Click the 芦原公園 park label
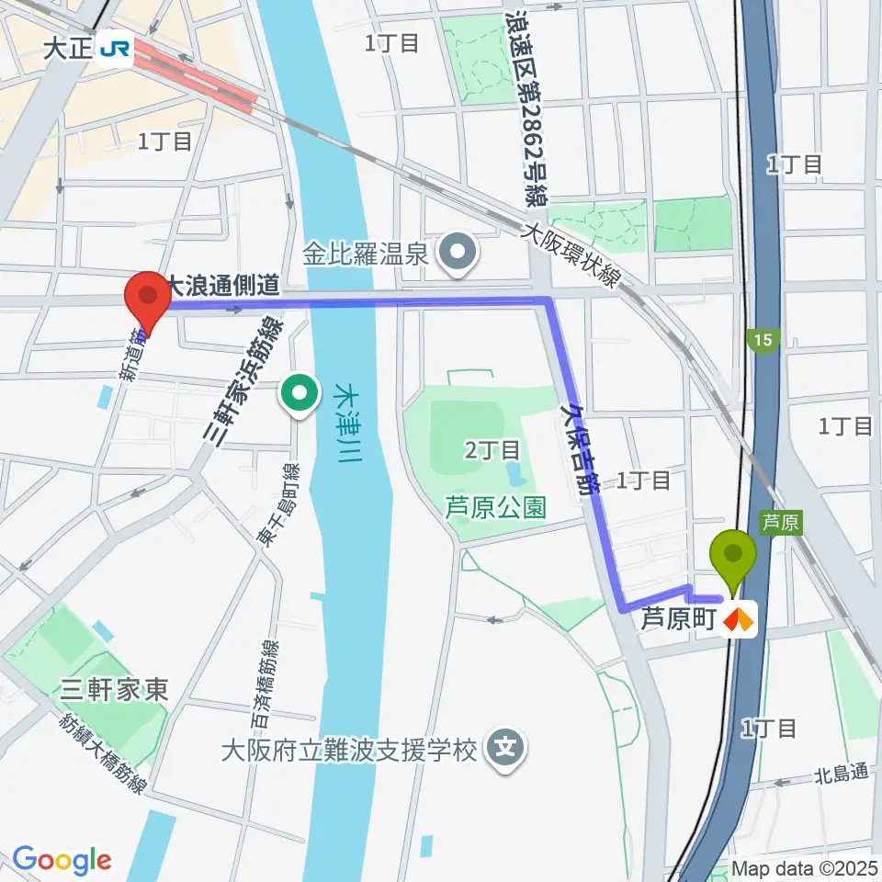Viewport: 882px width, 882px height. click(x=495, y=506)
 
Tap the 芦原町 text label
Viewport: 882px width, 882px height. click(x=678, y=619)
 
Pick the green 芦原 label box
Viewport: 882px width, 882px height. click(x=780, y=522)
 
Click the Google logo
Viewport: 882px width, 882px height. click(x=61, y=860)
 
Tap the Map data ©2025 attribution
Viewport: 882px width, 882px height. click(x=804, y=868)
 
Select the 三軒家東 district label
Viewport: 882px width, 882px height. click(x=115, y=691)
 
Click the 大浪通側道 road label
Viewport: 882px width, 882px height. click(x=222, y=285)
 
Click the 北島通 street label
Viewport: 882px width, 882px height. click(x=841, y=773)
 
